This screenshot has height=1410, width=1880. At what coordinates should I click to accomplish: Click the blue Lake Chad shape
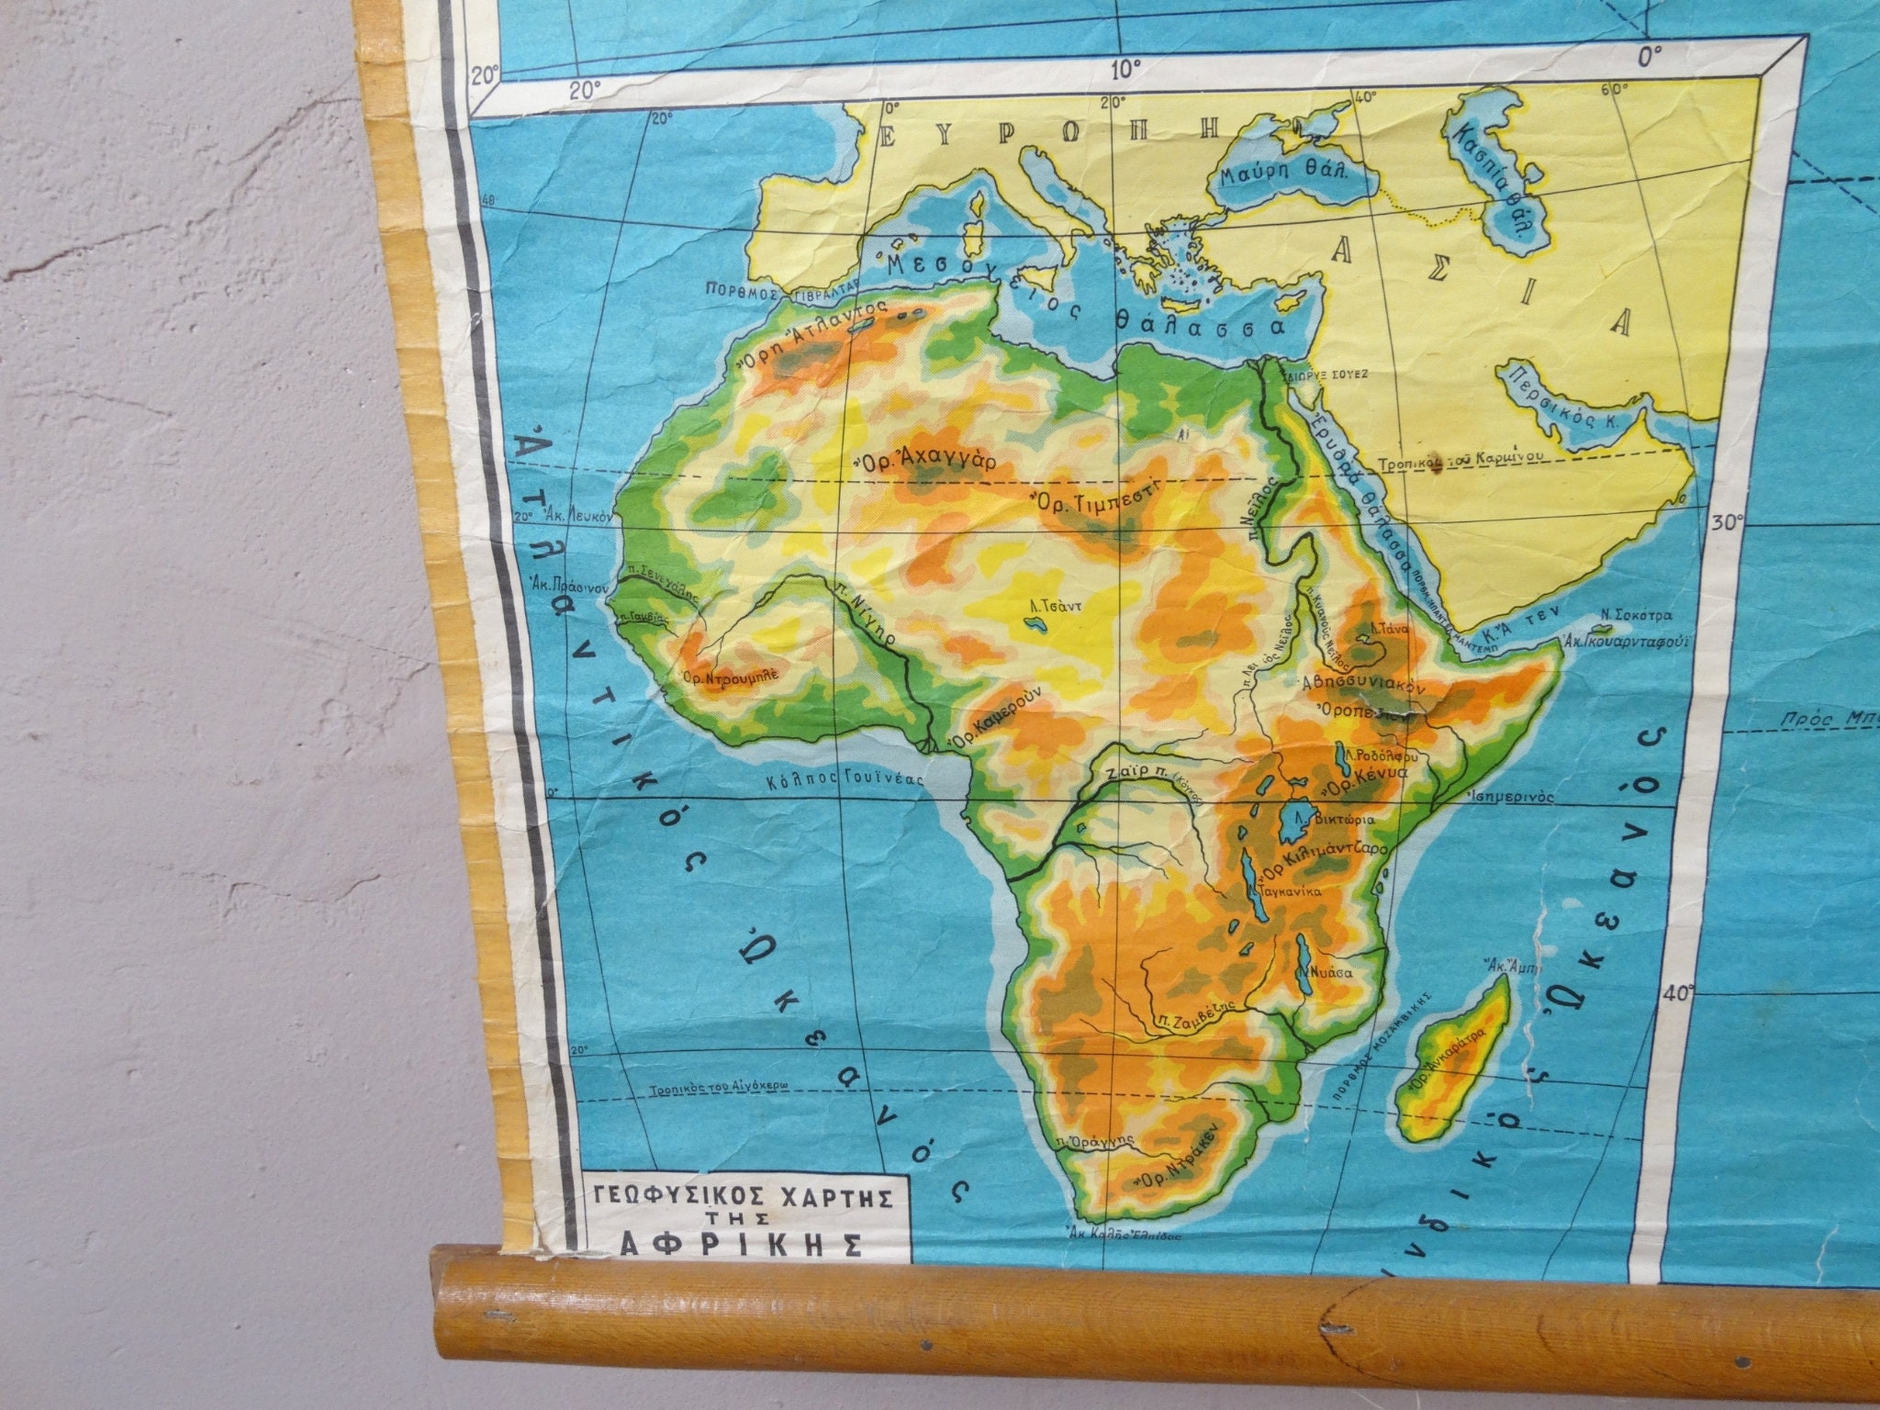coord(1037,625)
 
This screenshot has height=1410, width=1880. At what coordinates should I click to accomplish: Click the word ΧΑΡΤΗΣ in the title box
coord(815,1197)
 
